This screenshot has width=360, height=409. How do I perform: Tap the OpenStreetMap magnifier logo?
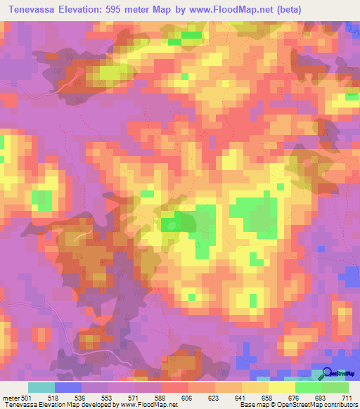pyautogui.click(x=328, y=374)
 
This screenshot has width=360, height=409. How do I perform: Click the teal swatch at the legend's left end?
pyautogui.click(x=41, y=387)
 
